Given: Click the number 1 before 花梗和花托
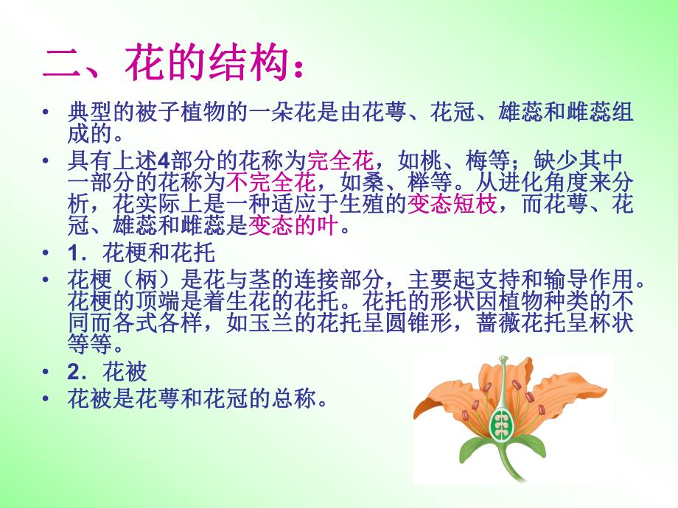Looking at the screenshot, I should pyautogui.click(x=73, y=255).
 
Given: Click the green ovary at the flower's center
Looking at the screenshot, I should pyautogui.click(x=504, y=424).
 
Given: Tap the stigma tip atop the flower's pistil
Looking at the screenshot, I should pyautogui.click(x=503, y=361).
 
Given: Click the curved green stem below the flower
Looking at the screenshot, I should pyautogui.click(x=508, y=471).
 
